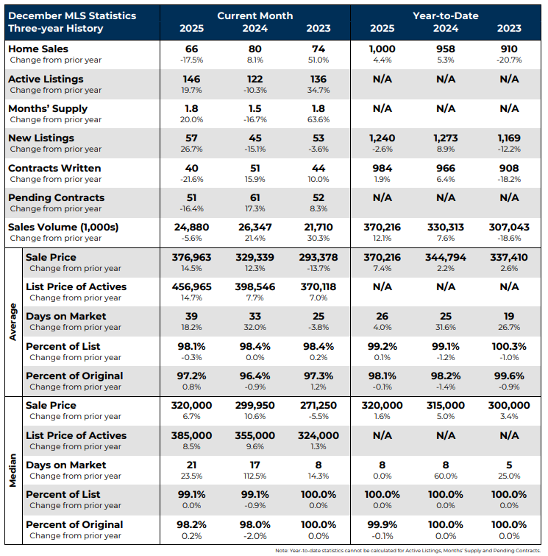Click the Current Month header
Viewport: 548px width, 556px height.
(255, 15)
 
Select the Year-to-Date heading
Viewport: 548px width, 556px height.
(446, 15)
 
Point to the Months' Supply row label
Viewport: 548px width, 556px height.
(47, 108)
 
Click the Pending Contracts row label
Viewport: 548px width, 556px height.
(56, 197)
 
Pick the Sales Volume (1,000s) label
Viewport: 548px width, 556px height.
(63, 227)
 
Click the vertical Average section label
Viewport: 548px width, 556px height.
(13, 321)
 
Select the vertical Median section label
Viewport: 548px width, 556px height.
(13, 470)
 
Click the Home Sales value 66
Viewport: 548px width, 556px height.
(192, 49)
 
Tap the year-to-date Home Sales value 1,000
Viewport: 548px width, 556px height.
(382, 49)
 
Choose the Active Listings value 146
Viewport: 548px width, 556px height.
(192, 79)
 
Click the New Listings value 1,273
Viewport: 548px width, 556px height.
(446, 138)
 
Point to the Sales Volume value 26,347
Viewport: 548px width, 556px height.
(255, 227)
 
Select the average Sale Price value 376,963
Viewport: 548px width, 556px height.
(192, 257)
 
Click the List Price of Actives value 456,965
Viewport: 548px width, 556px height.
(192, 286)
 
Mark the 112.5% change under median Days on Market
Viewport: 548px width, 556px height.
(255, 476)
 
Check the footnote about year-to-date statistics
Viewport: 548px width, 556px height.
(408, 550)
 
